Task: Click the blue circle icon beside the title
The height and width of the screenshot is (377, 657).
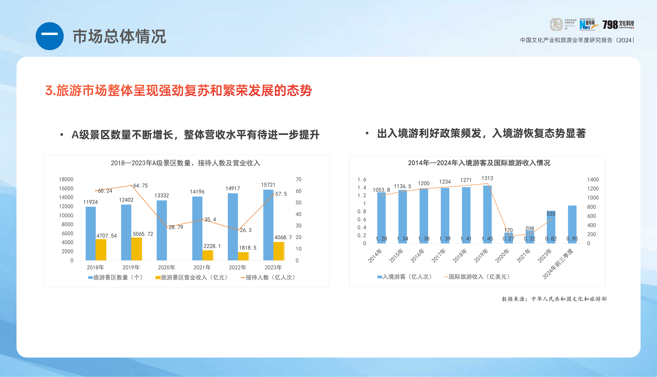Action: point(49,36)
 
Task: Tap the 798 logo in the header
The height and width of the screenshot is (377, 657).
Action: point(618,25)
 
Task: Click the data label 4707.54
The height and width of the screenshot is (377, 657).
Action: point(106,236)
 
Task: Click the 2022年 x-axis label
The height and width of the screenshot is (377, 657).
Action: point(238,267)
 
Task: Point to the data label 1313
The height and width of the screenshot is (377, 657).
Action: point(487,178)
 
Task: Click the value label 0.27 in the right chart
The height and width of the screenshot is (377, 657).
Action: point(508,239)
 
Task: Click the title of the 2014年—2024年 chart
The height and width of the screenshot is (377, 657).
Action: point(479,163)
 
